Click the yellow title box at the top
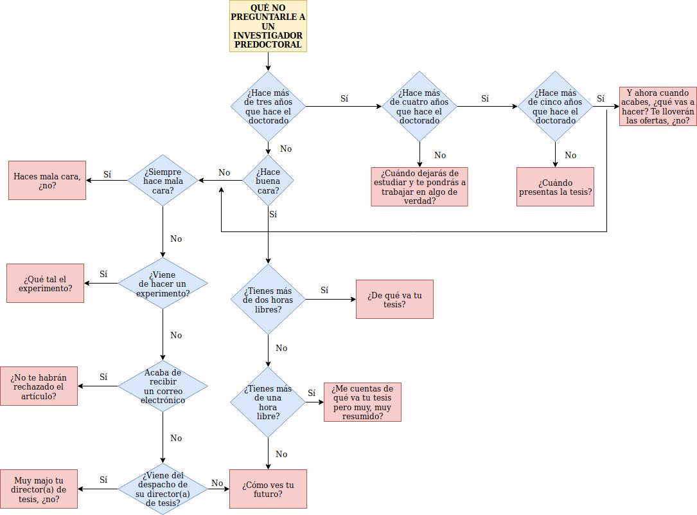pyautogui.click(x=268, y=26)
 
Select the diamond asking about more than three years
pyautogui.click(x=268, y=106)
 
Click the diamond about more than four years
pyautogui.click(x=419, y=106)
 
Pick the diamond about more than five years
pyautogui.click(x=555, y=106)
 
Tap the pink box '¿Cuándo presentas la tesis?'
pyautogui.click(x=555, y=187)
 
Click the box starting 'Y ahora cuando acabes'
pyautogui.click(x=658, y=106)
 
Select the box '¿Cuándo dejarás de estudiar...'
pyautogui.click(x=419, y=187)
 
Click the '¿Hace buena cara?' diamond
pyautogui.click(x=268, y=181)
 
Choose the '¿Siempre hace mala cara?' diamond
pyautogui.click(x=163, y=181)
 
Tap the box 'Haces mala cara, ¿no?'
pyautogui.click(x=47, y=181)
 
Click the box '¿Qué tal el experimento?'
pyautogui.click(x=45, y=284)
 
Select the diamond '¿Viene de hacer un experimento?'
pyautogui.click(x=163, y=284)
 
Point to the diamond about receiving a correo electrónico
pyautogui.click(x=163, y=386)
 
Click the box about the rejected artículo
pyautogui.click(x=39, y=386)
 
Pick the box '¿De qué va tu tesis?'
pyautogui.click(x=394, y=299)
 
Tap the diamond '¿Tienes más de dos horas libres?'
pyautogui.click(x=268, y=299)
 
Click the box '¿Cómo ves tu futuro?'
pyautogui.click(x=268, y=489)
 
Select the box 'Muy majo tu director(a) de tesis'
pyautogui.click(x=39, y=489)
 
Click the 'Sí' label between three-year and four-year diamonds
pyautogui.click(x=344, y=98)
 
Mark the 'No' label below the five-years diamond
pyautogui.click(x=570, y=155)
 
